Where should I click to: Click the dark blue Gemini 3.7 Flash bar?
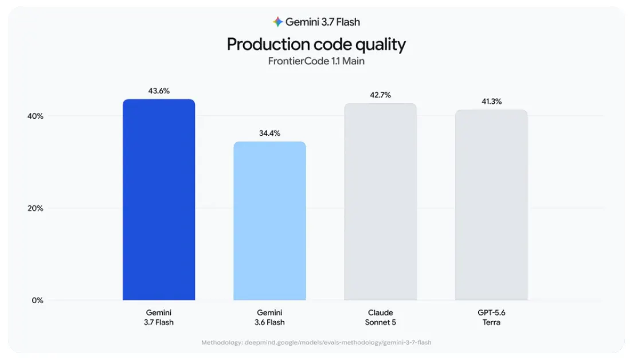159,199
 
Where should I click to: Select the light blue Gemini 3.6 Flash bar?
269,221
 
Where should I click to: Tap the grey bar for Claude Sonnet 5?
381,202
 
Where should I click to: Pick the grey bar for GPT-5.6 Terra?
491,205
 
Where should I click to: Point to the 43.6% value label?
159,91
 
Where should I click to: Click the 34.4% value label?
269,134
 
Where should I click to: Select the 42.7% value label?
381,95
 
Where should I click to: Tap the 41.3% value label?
491,101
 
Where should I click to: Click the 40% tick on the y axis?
36,116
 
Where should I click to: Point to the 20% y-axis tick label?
36,208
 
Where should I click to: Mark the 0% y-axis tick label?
37,300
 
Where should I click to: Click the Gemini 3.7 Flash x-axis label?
159,318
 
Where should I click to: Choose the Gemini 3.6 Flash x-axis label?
269,318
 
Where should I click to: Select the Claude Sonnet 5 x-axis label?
381,318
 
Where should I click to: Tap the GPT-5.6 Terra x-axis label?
491,318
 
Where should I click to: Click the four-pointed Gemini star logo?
277,22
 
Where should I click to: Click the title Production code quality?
316,44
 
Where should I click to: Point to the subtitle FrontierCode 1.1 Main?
316,61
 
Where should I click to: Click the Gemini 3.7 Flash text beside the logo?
323,22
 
